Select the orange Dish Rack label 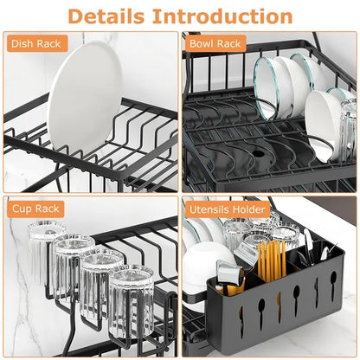[x=36, y=42]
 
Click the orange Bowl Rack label [x=216, y=42]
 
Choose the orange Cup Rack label [x=34, y=209]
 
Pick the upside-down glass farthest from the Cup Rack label [x=131, y=299]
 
